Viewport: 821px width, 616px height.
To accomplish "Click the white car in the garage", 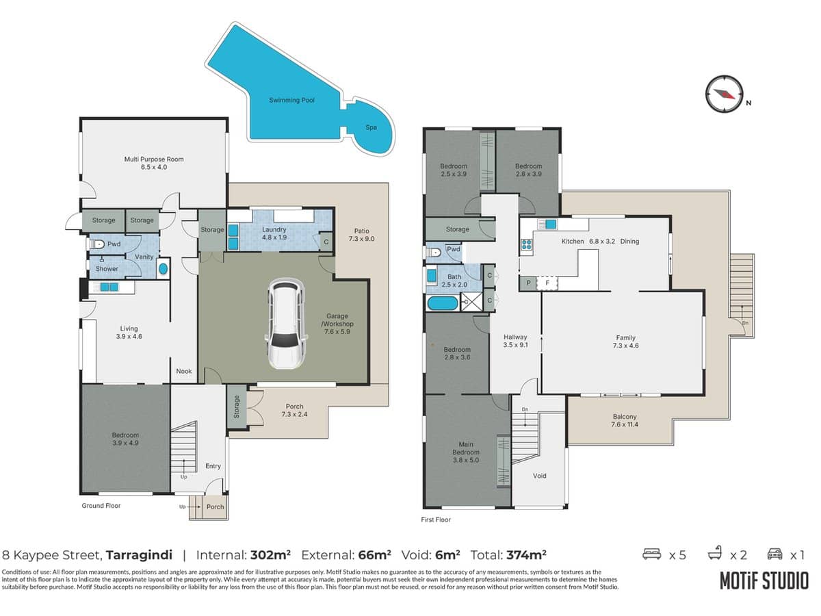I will click(x=284, y=324).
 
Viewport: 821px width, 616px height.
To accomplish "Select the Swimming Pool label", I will click(x=291, y=101).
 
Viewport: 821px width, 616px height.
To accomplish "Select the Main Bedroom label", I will click(x=465, y=452).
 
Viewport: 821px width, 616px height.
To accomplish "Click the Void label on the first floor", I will click(x=539, y=476).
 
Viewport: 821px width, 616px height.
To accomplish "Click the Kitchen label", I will click(x=573, y=242).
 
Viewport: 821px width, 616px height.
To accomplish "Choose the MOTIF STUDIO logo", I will click(x=763, y=581).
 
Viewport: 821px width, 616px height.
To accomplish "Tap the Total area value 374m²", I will click(x=525, y=554).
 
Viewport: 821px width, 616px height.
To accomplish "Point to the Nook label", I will click(x=183, y=371).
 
